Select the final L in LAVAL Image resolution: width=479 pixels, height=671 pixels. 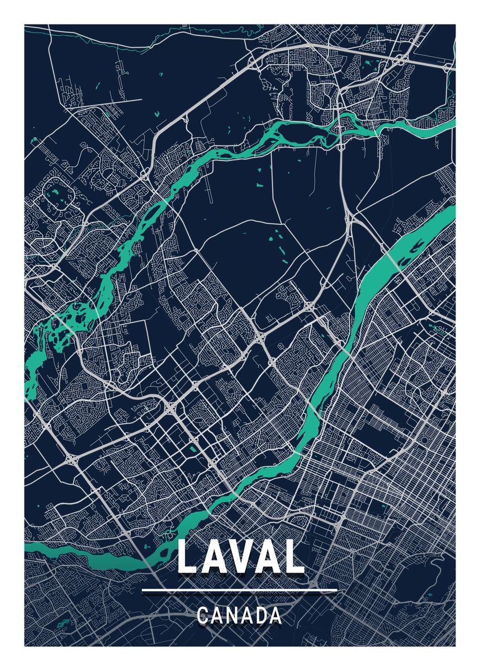tap(292, 557)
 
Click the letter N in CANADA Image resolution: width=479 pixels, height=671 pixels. tap(235, 616)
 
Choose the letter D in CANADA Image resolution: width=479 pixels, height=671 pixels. tap(259, 616)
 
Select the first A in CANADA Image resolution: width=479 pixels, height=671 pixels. tap(219, 616)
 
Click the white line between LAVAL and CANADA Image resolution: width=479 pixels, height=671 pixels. tap(239, 590)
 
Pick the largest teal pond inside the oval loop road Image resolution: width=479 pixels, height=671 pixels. tap(55, 195)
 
